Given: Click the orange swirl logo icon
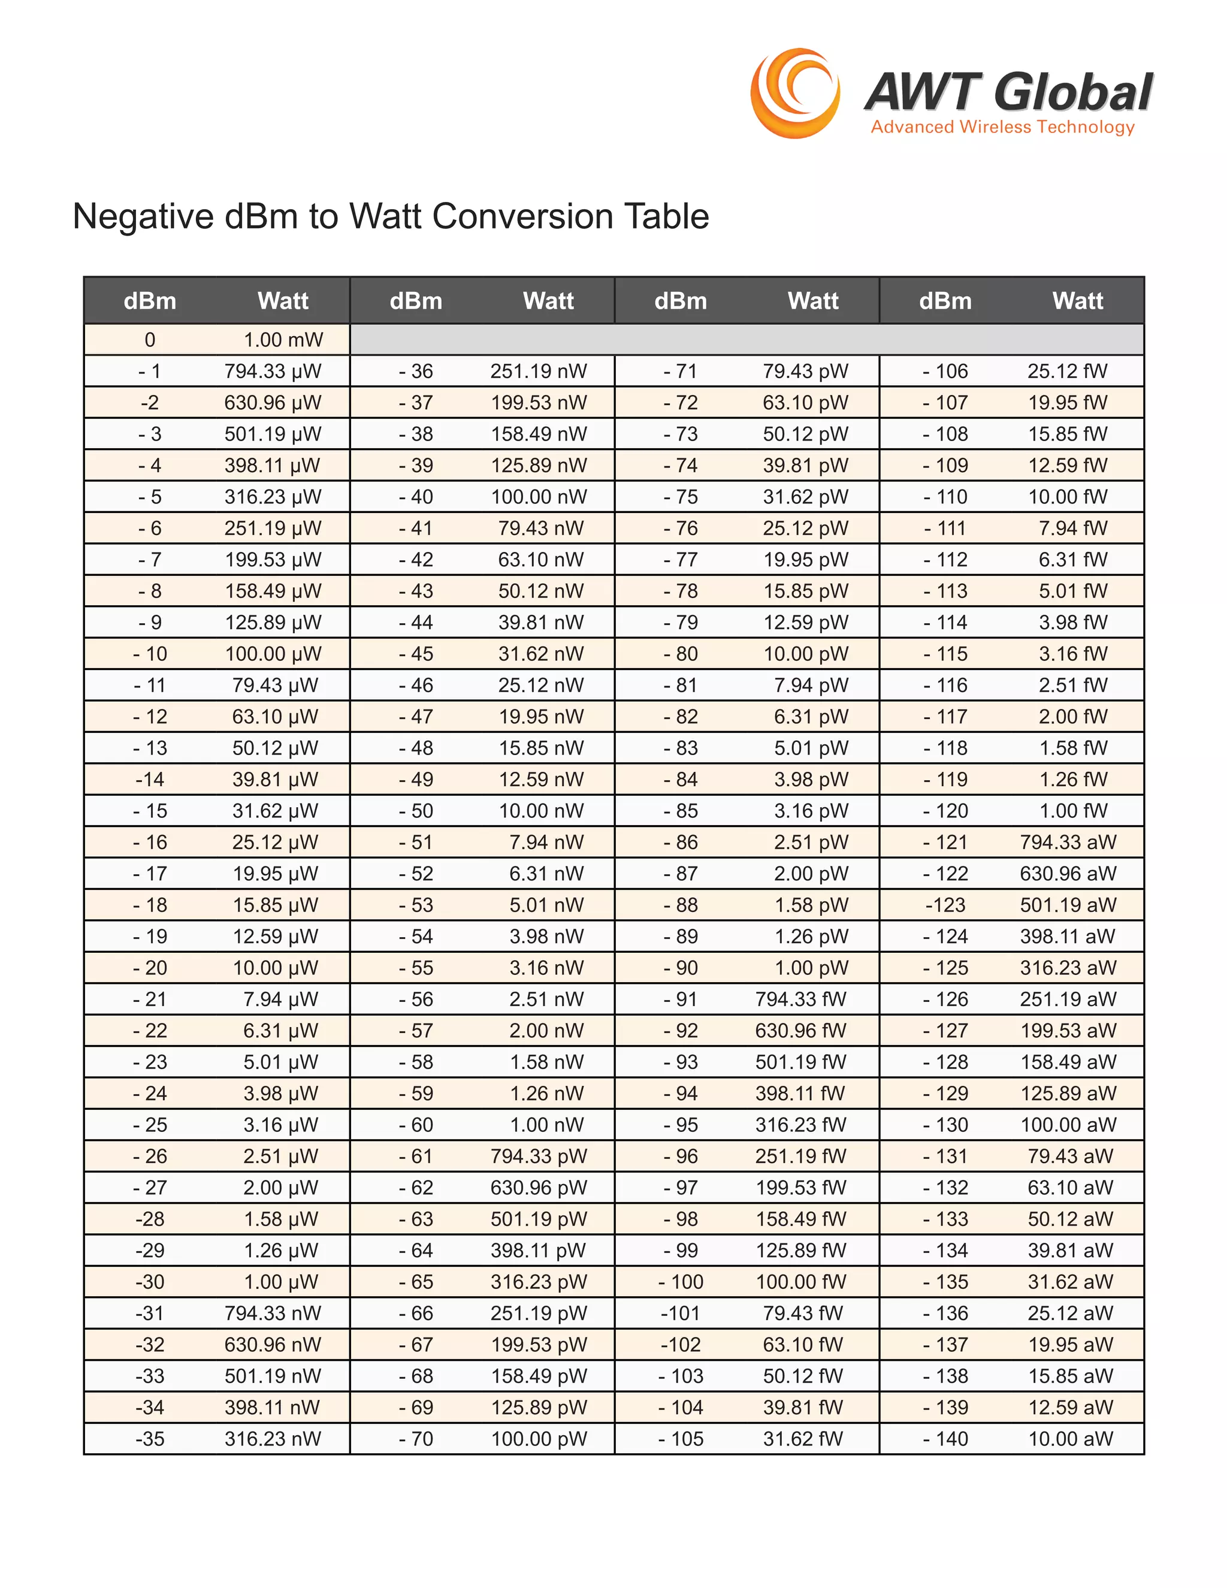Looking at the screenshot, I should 795,93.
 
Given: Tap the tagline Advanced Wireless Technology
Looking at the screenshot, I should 1002,127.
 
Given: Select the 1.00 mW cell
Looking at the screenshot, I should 283,340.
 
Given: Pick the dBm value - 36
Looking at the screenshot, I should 416,372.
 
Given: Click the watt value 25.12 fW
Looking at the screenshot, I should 1067,372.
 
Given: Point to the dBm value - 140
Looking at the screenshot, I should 945,1439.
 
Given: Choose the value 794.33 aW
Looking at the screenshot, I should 1067,842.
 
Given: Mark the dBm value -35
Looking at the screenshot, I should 150,1439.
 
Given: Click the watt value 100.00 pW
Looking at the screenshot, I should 539,1439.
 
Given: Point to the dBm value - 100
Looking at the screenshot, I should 681,1282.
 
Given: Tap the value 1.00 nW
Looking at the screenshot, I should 546,1125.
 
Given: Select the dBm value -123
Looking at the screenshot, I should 945,905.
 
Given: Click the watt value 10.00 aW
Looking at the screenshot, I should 1070,1439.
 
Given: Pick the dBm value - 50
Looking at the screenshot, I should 416,811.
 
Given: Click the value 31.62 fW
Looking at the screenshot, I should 802,1439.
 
